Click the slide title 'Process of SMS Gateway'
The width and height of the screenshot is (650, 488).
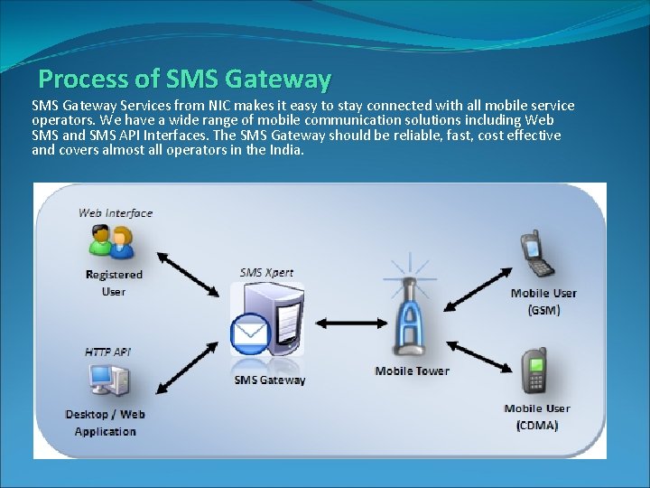tap(185, 79)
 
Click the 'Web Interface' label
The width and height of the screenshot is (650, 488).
tap(116, 213)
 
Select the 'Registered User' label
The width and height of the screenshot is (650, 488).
tap(114, 283)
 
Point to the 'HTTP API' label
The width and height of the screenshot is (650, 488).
tap(107, 352)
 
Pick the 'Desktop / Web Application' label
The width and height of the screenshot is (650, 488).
tap(106, 423)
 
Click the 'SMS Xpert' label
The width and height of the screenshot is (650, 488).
tap(266, 272)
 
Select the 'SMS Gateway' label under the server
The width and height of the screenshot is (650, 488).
tap(270, 380)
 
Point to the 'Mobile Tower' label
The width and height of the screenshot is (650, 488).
tap(412, 371)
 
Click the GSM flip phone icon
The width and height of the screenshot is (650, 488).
tap(537, 254)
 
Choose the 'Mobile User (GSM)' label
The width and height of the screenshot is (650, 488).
tap(543, 301)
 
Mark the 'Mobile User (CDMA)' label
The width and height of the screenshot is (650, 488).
tap(537, 417)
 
